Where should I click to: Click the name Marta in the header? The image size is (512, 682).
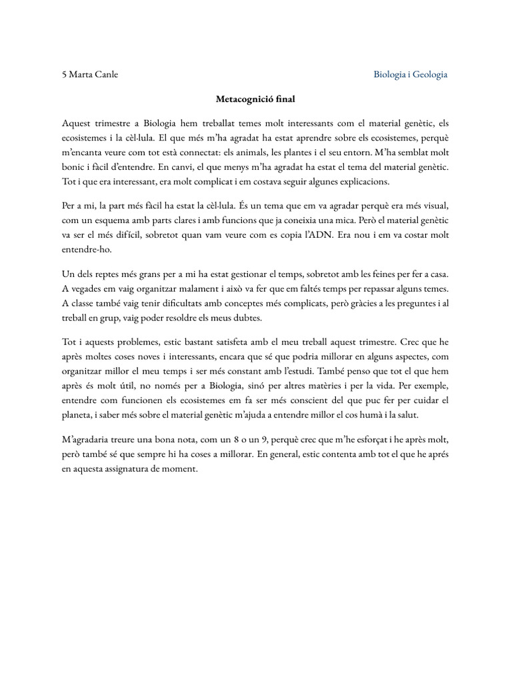82,75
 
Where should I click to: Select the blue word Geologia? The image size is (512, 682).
429,75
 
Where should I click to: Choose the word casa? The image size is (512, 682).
439,274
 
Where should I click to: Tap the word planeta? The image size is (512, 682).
79,416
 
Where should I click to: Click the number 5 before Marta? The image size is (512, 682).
64,75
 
